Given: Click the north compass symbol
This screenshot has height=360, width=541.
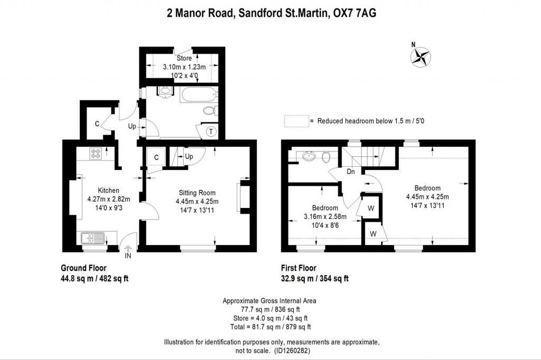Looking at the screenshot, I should click(421, 56).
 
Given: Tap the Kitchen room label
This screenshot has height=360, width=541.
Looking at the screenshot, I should click(108, 191).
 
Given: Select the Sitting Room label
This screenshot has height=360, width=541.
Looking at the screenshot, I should click(197, 193).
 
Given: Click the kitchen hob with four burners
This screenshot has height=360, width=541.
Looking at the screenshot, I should click(96, 154).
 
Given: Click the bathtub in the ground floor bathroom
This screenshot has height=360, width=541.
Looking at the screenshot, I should click(199, 96).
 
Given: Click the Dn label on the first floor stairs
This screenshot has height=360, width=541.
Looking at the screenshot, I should click(350, 171).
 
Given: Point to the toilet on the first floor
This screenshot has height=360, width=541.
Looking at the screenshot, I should click(327, 156).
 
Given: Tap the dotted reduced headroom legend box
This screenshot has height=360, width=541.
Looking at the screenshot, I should click(296, 121).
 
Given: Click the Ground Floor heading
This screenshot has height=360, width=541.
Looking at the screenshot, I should click(83, 268).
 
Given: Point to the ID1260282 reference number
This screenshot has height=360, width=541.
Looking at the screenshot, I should click(297, 350).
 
